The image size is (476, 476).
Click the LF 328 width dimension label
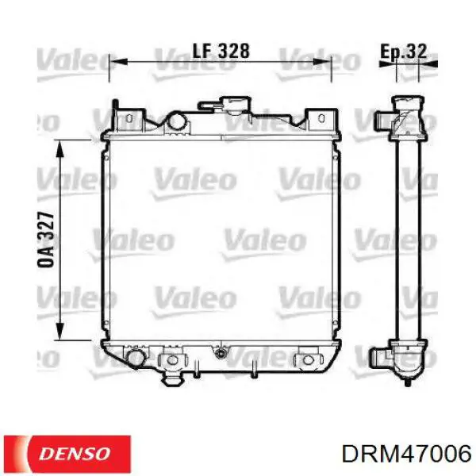221,51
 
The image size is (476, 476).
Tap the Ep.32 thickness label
404,52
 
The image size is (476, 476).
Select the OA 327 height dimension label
46,240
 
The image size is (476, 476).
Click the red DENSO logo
67,454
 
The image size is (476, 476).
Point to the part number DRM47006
406,455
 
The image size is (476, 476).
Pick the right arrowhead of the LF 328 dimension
322,62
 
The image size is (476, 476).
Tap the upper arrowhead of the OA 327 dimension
59,149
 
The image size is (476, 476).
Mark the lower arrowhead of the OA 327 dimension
59,331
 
